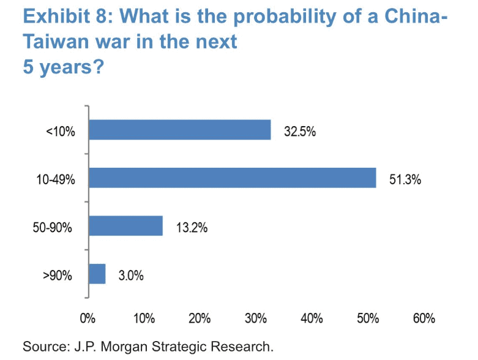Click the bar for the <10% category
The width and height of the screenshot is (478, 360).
click(x=179, y=130)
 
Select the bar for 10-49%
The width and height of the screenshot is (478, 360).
click(x=232, y=178)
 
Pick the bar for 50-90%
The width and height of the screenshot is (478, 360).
click(x=125, y=226)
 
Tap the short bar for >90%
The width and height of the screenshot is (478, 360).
click(x=97, y=274)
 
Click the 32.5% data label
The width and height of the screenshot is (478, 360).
click(x=299, y=131)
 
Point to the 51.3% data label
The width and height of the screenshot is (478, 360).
click(x=405, y=179)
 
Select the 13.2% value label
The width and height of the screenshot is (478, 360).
click(x=192, y=227)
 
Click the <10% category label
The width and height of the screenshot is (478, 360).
click(x=61, y=131)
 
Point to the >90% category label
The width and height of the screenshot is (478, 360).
click(x=58, y=275)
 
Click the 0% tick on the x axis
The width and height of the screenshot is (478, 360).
click(x=89, y=318)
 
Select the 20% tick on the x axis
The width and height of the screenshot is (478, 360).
click(x=200, y=318)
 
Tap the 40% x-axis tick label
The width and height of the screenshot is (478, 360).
click(x=312, y=318)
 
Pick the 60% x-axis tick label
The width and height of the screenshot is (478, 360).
click(x=424, y=318)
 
